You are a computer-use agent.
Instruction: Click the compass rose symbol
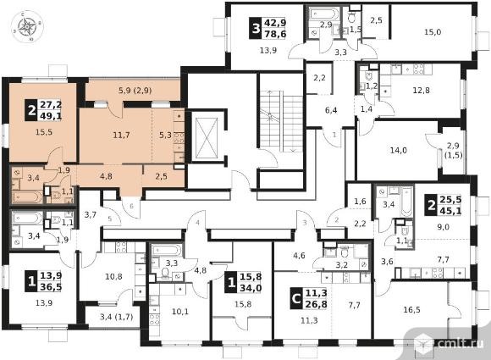coord(27,26)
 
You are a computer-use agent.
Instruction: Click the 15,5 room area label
coord(44,132)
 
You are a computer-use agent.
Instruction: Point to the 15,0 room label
coord(433,32)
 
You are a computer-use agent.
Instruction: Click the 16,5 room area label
coord(411,310)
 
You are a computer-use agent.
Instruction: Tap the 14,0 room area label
coord(399,151)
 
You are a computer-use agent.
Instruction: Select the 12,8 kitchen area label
coord(422,91)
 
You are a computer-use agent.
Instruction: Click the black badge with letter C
coord(296,299)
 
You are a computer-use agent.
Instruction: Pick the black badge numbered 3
coord(256,29)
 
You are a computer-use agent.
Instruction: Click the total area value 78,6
coord(276,34)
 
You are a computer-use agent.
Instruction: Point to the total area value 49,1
coord(51,116)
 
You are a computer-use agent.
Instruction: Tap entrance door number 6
coord(131,206)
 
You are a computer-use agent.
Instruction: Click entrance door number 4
coord(197,223)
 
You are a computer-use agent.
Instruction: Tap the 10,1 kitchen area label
coord(180,312)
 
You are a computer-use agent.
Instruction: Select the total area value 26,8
coord(317,305)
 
